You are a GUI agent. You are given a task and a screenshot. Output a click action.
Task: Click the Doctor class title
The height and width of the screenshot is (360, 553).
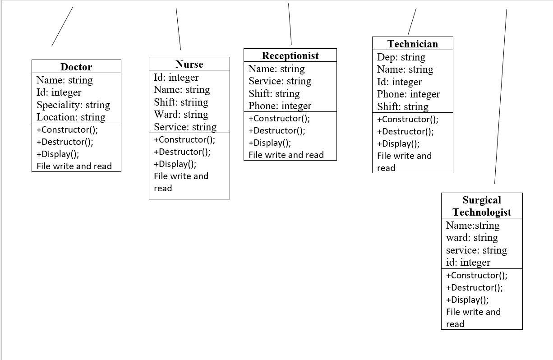pos(76,67)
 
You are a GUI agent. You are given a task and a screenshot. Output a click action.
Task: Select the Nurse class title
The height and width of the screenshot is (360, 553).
pos(189,64)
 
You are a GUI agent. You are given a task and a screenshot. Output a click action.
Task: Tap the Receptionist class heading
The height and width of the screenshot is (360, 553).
pos(290,55)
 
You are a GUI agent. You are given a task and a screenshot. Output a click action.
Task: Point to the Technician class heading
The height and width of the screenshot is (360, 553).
pos(412,44)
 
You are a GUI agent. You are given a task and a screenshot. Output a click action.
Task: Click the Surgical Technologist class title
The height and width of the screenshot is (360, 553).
pos(482,206)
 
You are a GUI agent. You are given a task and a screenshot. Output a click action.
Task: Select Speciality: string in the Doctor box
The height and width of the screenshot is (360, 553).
pos(73,105)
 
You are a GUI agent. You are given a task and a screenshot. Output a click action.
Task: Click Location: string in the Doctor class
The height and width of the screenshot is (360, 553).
pos(71,117)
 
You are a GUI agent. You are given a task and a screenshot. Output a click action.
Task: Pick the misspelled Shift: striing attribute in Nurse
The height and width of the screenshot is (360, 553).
pos(181,102)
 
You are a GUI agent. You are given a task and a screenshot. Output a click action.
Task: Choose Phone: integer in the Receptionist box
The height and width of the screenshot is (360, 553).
pos(280,106)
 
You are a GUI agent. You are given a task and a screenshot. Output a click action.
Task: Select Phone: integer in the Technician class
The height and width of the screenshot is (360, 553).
pos(408,94)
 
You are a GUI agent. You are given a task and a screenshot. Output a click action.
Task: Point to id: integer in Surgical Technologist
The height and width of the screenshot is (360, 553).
pos(468,262)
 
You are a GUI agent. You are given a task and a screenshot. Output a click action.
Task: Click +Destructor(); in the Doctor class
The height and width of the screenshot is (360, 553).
pos(65,142)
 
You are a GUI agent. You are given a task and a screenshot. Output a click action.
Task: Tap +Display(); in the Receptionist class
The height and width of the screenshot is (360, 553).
pos(269,143)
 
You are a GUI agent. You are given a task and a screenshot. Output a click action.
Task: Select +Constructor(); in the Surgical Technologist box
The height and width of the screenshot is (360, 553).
pos(476,275)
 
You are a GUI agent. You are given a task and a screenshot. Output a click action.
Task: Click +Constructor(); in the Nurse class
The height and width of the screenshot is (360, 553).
pos(184,139)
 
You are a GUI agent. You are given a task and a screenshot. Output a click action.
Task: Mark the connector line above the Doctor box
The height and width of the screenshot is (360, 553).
pos(62,26)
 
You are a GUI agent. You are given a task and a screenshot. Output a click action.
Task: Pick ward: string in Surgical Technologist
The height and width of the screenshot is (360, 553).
pos(472,237)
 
